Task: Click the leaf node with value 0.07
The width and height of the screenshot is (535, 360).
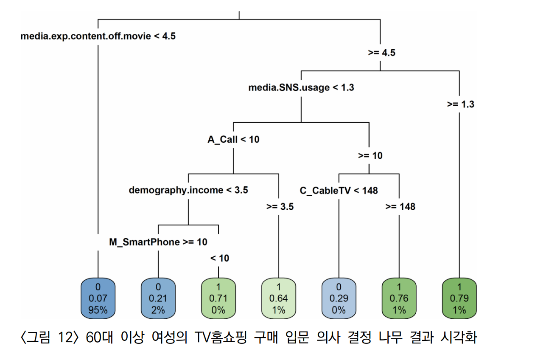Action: tap(98, 298)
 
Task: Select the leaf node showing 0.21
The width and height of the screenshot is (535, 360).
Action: tap(158, 298)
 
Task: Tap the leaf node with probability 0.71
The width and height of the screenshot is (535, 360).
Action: tap(218, 298)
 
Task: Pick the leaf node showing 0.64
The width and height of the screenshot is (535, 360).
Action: tap(279, 298)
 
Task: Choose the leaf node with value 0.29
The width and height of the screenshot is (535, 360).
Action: tap(339, 298)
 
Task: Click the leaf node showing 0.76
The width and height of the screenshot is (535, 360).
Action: tap(399, 298)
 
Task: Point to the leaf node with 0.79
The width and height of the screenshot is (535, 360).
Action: tap(459, 298)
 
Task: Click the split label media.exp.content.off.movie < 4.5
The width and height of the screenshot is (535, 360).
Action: tap(98, 36)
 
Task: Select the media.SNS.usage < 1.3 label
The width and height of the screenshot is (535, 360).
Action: tap(301, 88)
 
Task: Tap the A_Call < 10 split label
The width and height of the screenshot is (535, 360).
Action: tap(233, 139)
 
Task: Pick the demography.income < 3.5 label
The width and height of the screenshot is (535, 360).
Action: tap(188, 190)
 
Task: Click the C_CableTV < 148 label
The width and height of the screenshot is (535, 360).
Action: tap(339, 191)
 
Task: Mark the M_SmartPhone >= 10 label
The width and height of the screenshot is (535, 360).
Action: tap(158, 242)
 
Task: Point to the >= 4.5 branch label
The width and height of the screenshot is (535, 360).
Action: tap(381, 53)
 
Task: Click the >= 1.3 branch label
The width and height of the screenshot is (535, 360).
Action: tap(460, 104)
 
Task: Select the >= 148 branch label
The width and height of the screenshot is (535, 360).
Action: tap(400, 207)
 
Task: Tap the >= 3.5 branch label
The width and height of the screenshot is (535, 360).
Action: tap(280, 207)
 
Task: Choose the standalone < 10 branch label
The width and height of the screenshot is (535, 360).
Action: tap(219, 258)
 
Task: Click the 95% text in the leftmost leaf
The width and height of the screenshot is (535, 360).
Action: tap(98, 310)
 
